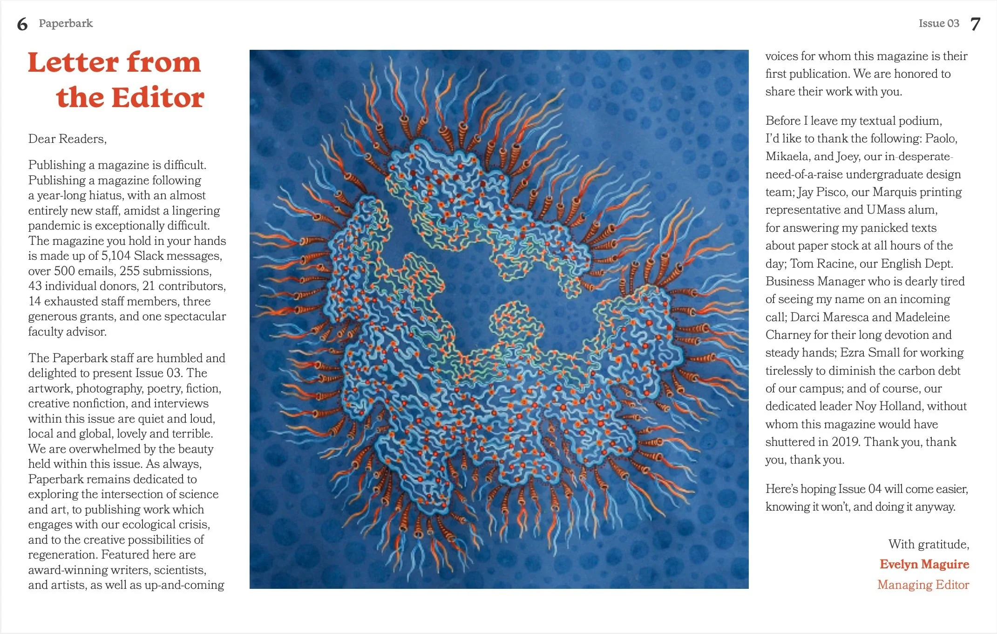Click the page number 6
[x=22, y=24]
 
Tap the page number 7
[x=976, y=24]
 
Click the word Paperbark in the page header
[x=66, y=23]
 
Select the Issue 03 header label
[x=939, y=23]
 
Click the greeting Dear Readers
[x=67, y=139]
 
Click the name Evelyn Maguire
[x=924, y=564]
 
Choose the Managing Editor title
[x=923, y=585]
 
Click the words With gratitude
[x=929, y=544]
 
